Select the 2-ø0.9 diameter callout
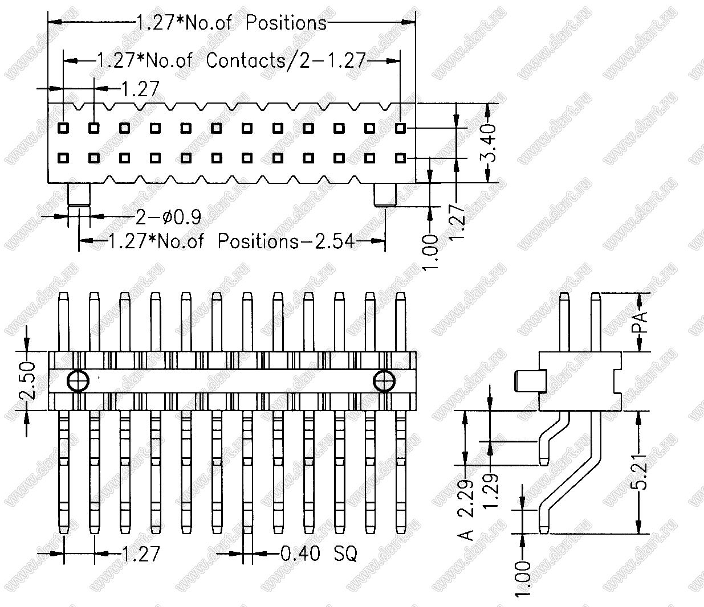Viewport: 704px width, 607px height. click(168, 217)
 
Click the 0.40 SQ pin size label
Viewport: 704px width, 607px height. click(319, 553)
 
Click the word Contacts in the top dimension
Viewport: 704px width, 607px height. click(246, 60)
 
